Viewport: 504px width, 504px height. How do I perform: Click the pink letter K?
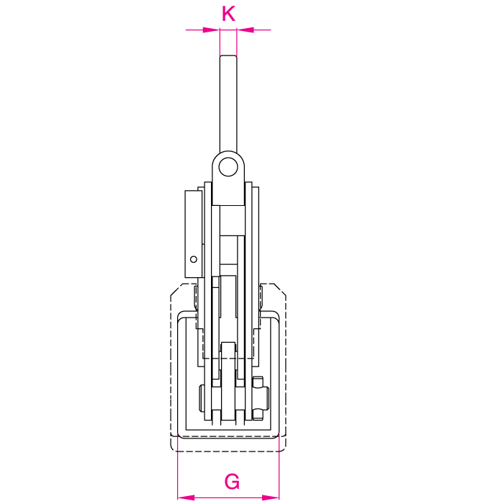tap(228, 14)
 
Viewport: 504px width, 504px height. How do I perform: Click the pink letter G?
tap(232, 481)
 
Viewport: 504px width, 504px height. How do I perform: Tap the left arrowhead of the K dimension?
tap(211, 30)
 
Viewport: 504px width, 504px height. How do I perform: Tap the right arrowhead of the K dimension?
tap(246, 30)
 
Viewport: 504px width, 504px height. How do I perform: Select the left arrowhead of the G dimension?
tap(186, 498)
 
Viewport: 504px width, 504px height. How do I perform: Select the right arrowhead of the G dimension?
tap(271, 498)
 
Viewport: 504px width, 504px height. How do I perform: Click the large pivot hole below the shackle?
tap(228, 167)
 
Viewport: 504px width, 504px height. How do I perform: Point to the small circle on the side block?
tap(194, 259)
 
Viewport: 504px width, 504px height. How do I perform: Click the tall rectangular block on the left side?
tap(194, 234)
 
